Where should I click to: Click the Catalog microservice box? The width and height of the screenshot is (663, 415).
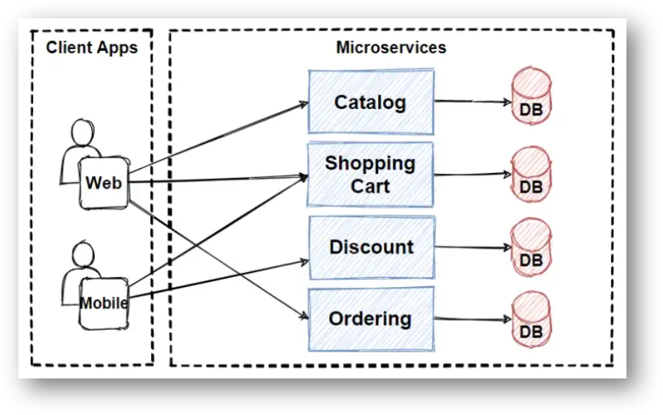pyautogui.click(x=371, y=102)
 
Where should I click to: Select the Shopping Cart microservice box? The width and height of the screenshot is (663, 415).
pyautogui.click(x=371, y=174)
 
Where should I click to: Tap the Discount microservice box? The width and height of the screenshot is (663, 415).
pyautogui.click(x=371, y=248)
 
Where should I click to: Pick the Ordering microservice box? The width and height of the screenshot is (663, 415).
pyautogui.click(x=371, y=319)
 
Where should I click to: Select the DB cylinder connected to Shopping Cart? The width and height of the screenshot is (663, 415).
pyautogui.click(x=532, y=174)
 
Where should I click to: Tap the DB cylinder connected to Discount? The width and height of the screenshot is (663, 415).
pyautogui.click(x=532, y=246)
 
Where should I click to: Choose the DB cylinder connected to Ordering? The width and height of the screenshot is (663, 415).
pyautogui.click(x=532, y=319)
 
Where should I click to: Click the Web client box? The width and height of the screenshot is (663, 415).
pyautogui.click(x=103, y=183)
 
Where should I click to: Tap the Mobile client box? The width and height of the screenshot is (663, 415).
pyautogui.click(x=103, y=303)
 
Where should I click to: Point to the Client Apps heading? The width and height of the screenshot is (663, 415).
pyautogui.click(x=91, y=48)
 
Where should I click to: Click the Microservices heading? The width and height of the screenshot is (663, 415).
pyautogui.click(x=391, y=48)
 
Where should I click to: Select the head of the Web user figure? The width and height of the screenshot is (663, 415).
pyautogui.click(x=82, y=132)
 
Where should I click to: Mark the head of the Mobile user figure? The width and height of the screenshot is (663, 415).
pyautogui.click(x=82, y=253)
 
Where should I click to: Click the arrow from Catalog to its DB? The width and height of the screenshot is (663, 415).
pyautogui.click(x=472, y=102)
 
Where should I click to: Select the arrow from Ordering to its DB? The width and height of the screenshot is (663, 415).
pyautogui.click(x=472, y=319)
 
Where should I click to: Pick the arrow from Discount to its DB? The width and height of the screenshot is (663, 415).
pyautogui.click(x=472, y=247)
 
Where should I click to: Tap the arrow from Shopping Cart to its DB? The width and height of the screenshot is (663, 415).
pyautogui.click(x=472, y=174)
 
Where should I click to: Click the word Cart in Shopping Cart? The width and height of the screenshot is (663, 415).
pyautogui.click(x=371, y=186)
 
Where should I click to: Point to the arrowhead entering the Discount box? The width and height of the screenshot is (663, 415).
pyautogui.click(x=304, y=262)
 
